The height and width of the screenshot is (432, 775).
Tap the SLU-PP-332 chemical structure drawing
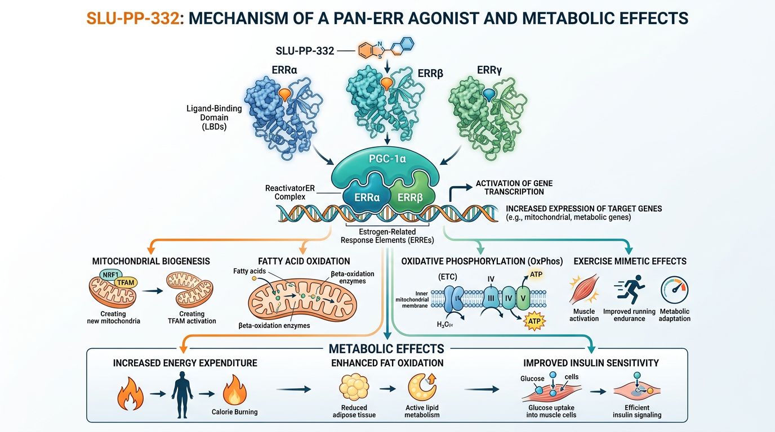pyautogui.click(x=386, y=49)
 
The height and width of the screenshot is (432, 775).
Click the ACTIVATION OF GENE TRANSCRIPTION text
pyautogui.click(x=514, y=187)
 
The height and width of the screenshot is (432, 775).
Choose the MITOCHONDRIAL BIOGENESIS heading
pyautogui.click(x=151, y=261)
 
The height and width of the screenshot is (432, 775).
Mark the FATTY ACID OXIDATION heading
pyautogui.click(x=304, y=261)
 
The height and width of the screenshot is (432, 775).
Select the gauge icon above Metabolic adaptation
pyautogui.click(x=674, y=290)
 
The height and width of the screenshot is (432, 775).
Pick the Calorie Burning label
pyautogui.click(x=235, y=412)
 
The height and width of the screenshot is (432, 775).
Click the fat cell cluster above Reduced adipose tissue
pyautogui.click(x=353, y=388)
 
